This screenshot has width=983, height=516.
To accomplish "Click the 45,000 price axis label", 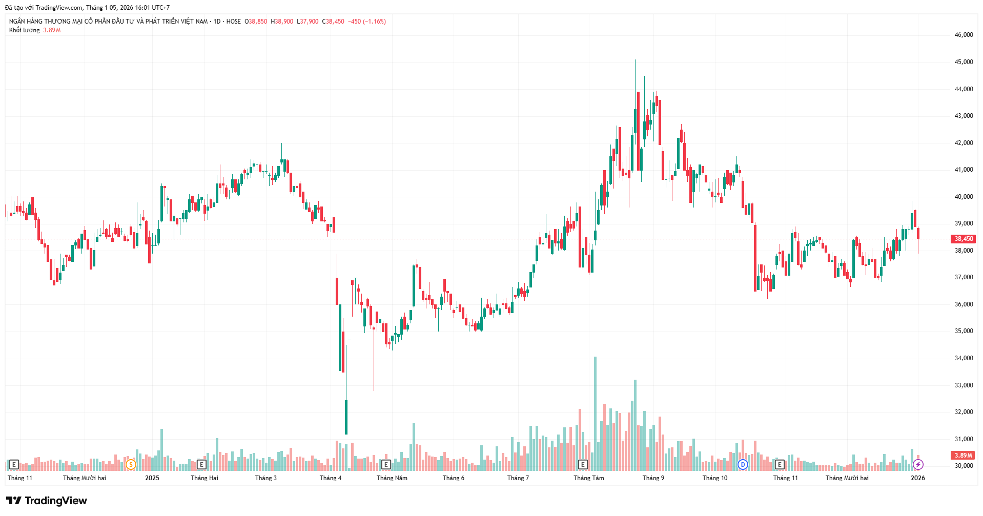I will coord(963,62).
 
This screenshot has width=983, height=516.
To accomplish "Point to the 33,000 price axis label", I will coord(963,385).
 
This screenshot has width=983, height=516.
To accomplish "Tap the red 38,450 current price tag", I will coord(964,239).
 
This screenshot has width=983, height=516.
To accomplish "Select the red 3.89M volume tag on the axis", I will coord(963,456).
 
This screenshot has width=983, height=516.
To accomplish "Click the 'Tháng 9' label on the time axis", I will coord(653,478).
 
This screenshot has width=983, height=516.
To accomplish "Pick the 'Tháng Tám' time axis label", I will coord(588,478).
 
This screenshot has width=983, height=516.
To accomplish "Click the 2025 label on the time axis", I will coord(152,478).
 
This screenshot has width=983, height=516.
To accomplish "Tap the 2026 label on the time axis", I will coord(917,478).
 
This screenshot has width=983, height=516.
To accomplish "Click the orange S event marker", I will coord(131,465).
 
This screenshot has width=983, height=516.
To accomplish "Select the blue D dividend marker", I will coord(743,465).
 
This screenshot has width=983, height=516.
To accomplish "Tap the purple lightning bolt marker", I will coord(918,465).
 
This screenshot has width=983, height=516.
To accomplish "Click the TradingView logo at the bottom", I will coord(47,501).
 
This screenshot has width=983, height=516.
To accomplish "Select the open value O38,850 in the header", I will coord(256,22).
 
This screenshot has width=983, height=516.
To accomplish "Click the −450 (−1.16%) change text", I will coord(366,22).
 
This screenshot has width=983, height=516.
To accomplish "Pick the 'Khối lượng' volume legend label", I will coord(24,30).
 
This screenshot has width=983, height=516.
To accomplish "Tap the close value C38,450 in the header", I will coord(333,22).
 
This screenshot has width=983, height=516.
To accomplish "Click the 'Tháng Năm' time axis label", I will coord(392,478).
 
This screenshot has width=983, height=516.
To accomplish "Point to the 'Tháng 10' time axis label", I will coord(714,478).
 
